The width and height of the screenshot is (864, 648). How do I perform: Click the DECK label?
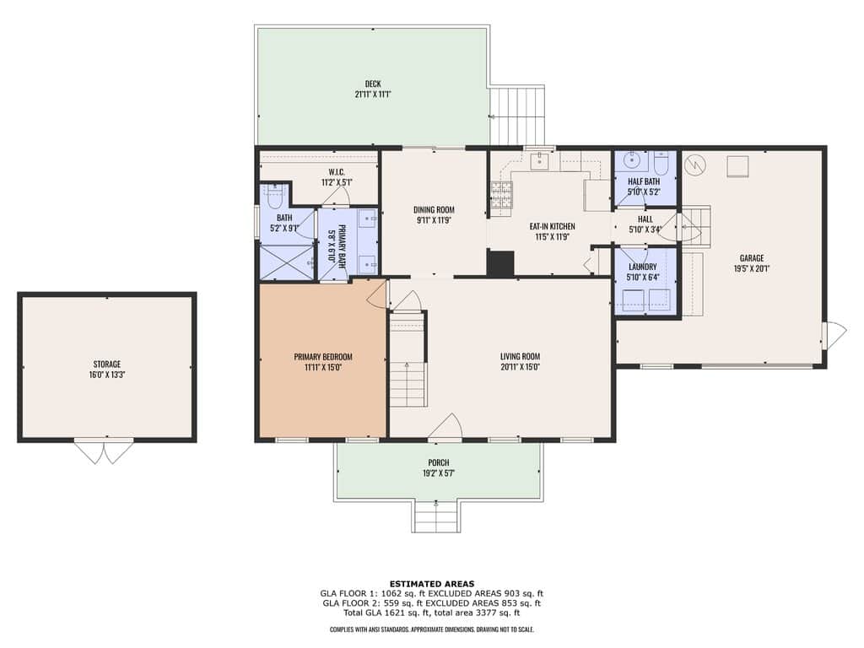pos(373,84)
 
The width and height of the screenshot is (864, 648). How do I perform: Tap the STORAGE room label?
pos(107,364)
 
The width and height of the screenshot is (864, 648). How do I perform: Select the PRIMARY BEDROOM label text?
pos(323,357)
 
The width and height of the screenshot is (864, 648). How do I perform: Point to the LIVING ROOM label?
pos(520,356)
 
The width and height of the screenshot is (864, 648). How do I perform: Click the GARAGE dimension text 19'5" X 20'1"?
pos(752,268)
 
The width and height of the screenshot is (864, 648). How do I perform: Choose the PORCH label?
pos(439,462)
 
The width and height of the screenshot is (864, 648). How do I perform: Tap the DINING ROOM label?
pos(435,209)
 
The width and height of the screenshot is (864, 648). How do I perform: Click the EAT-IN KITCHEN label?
pos(552,226)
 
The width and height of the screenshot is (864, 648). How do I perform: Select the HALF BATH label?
pos(644,181)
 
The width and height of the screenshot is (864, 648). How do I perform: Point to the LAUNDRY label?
pos(642,267)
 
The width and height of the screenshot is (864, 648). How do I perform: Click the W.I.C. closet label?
pos(337,172)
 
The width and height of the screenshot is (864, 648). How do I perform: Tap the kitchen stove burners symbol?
pos(501,195)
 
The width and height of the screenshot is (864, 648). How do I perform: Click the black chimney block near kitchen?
pos(500,263)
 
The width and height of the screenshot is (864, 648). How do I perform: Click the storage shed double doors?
pos(104,451)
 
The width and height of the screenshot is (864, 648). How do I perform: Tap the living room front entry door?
pos(445,428)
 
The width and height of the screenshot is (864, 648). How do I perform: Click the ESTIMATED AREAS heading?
pos(432,584)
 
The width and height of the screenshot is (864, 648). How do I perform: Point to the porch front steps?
pos(436,517)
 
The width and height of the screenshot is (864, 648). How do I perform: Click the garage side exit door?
pos(834,335)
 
